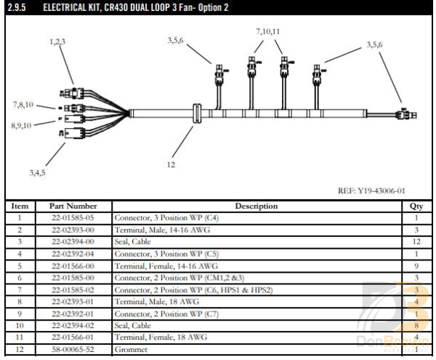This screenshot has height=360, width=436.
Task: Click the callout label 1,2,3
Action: coord(57,41)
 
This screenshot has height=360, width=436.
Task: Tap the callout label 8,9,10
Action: coord(21,125)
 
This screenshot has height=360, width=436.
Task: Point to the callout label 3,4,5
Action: coord(37,172)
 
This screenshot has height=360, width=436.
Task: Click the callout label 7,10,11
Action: coord(267,32)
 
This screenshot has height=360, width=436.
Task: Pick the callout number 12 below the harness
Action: coord(171,164)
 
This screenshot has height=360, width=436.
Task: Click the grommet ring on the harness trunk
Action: coord(193,115)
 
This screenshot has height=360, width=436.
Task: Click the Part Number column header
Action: coord(73,207)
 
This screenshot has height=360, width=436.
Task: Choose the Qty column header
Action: coord(416,207)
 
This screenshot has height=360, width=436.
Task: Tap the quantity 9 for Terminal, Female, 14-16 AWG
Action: coord(416,266)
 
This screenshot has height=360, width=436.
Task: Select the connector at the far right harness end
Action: coord(403,115)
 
